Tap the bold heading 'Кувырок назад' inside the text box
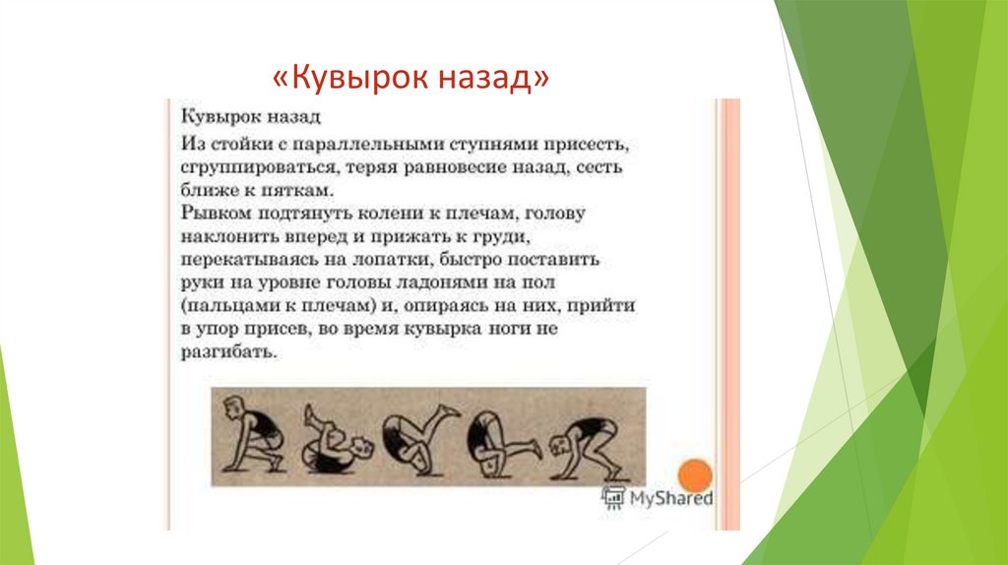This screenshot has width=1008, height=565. pyautogui.click(x=251, y=117)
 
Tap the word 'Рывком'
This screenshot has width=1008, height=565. pyautogui.click(x=212, y=213)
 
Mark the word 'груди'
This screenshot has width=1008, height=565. pyautogui.click(x=506, y=236)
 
